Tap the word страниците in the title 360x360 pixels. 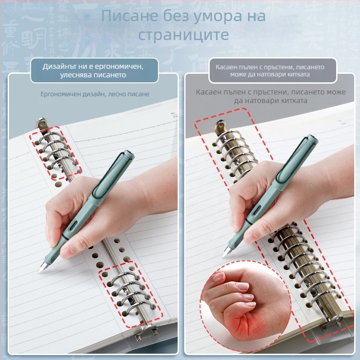coord(183,35)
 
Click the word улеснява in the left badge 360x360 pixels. coord(74,75)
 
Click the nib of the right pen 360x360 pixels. coord(226,252)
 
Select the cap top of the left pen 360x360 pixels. coord(129,154)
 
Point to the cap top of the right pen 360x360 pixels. coord(312,139)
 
